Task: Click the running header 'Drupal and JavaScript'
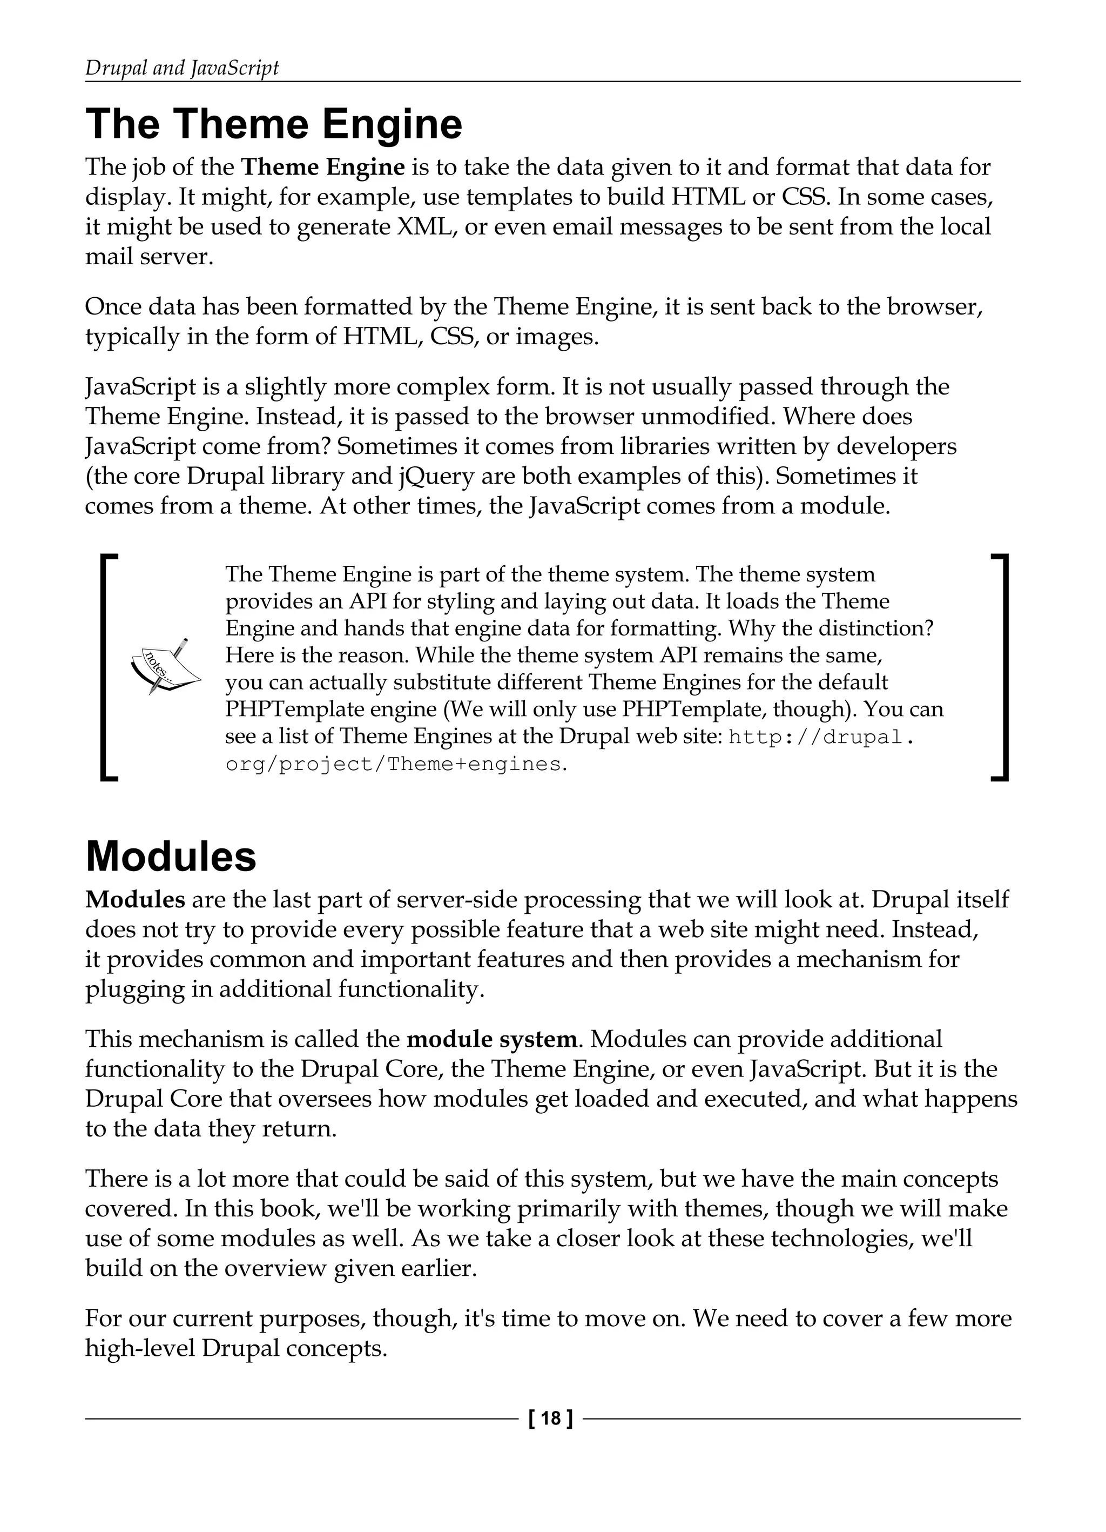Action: coord(181,68)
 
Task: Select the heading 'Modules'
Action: coord(171,857)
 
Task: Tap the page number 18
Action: coord(550,1419)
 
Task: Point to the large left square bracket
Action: coord(109,667)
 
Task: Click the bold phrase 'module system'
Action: coord(491,1039)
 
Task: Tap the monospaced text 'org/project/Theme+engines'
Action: coord(394,764)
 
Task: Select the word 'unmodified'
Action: coord(705,417)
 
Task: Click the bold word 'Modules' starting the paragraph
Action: coord(135,900)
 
